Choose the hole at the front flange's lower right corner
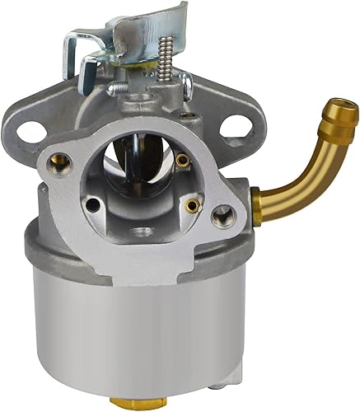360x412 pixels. (x=221, y=217)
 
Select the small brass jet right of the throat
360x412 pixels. (x=192, y=204)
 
